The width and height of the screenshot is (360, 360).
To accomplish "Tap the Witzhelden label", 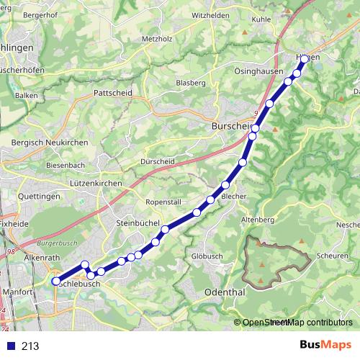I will [x=211, y=15].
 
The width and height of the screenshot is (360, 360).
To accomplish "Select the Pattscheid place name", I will [x=113, y=93].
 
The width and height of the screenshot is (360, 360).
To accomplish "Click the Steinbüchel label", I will [x=138, y=224].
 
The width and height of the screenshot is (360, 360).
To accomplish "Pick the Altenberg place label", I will [x=258, y=219].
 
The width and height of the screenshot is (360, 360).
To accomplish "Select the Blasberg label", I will [x=191, y=83].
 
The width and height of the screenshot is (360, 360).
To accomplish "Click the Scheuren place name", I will [x=332, y=256].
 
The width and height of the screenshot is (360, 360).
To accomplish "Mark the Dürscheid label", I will [x=158, y=161].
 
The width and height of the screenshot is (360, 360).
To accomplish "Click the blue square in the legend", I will [x=10, y=346].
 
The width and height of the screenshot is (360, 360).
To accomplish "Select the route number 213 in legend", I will [x=31, y=346].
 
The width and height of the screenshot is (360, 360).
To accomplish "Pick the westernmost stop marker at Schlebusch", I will [x=56, y=282].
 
